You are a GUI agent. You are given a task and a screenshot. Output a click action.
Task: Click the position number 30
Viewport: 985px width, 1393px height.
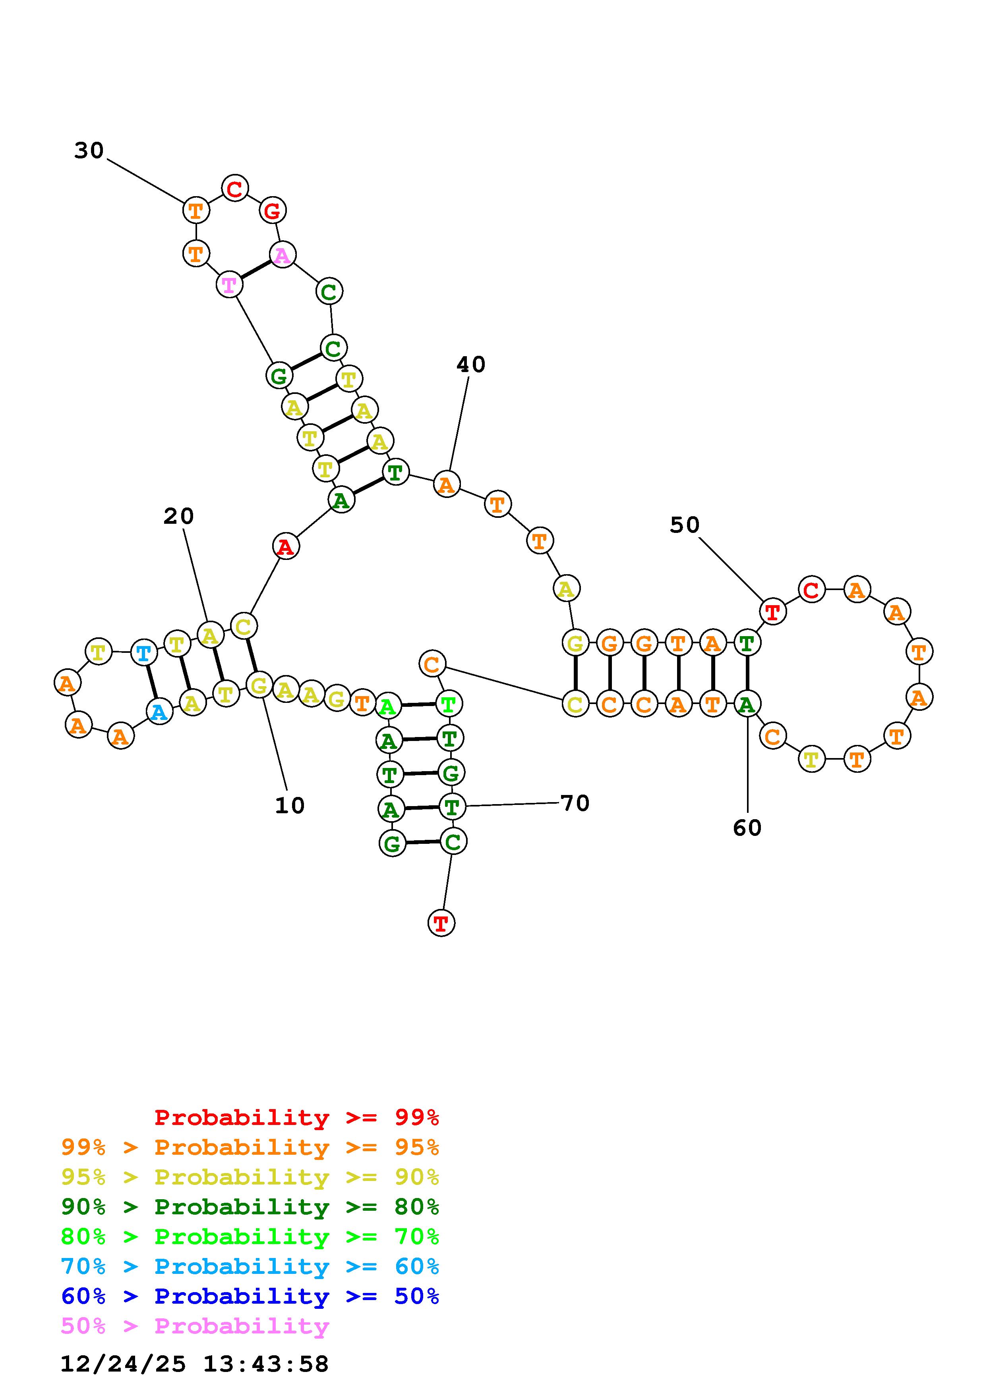89,150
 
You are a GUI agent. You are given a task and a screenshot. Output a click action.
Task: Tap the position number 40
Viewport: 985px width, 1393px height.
470,365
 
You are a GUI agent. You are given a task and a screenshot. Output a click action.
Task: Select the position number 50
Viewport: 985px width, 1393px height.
685,525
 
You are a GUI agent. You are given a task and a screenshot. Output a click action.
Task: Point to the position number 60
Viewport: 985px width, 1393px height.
747,828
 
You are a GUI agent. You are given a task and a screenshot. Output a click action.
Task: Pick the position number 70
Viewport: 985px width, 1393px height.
575,803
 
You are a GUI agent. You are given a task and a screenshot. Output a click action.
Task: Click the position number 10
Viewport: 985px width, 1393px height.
290,806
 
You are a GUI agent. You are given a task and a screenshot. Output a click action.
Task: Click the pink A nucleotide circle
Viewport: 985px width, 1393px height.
282,255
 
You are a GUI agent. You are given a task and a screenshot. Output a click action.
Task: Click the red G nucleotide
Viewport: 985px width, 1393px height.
273,210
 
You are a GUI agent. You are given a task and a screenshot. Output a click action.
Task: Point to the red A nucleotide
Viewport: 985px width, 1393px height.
285,547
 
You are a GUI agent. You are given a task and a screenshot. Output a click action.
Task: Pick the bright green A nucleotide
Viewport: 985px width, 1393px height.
388,706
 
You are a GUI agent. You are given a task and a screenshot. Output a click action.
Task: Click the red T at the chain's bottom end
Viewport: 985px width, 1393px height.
441,923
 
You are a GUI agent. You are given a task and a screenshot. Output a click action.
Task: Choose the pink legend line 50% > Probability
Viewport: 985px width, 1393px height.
195,1326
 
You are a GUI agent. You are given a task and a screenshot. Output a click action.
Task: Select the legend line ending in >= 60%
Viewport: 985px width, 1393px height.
250,1266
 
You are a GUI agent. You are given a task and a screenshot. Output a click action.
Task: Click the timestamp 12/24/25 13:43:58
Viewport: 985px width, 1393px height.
194,1364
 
